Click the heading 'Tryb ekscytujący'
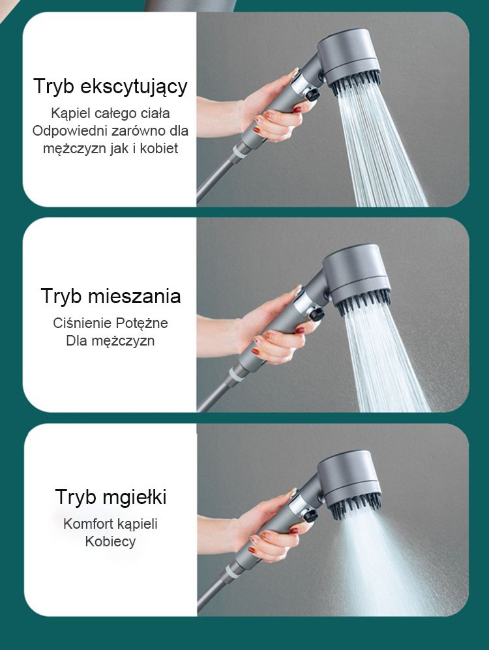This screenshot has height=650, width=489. tap(110, 87)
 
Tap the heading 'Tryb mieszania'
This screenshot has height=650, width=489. tap(111, 296)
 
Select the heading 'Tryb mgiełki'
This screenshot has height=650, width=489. tap(111, 497)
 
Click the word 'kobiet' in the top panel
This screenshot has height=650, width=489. tap(158, 148)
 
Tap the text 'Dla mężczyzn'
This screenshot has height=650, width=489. tap(110, 341)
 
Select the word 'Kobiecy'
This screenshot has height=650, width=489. tap(110, 541)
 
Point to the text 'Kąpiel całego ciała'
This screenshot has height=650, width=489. tap(110, 113)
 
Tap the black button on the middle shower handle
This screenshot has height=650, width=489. tap(316, 314)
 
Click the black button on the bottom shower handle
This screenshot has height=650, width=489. tap(310, 516)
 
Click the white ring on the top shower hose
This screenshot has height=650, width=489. tap(240, 151)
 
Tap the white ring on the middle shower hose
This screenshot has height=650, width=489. tap(236, 375)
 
